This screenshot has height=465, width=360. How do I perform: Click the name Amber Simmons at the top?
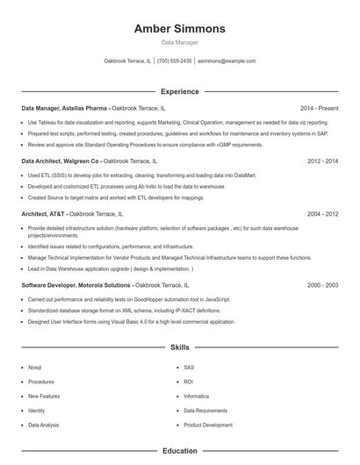179,29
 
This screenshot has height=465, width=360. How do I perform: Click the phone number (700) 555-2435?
174,61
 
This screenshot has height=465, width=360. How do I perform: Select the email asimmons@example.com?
227,61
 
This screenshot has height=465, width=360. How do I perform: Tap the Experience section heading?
179,91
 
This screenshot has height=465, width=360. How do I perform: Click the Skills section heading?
179,348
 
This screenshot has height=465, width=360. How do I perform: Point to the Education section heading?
179,451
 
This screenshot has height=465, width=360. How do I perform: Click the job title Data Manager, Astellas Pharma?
65,108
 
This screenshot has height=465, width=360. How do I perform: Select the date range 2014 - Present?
319,108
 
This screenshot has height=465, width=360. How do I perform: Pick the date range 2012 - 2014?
322,161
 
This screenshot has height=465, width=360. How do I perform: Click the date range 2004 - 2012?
322,214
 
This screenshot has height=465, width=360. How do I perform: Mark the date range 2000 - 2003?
322,285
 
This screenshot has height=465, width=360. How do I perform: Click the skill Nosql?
35,368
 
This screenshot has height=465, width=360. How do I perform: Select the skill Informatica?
196,396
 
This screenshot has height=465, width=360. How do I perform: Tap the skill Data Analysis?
44,425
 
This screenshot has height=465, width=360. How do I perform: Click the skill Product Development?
208,425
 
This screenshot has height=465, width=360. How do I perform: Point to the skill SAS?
189,368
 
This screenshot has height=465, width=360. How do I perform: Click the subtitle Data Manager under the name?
179,42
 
